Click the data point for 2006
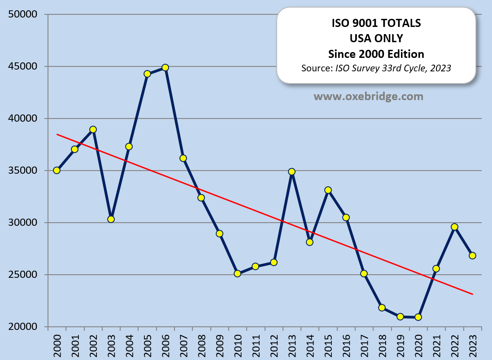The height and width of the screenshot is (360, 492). pyautogui.click(x=165, y=67)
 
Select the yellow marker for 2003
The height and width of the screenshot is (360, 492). pyautogui.click(x=111, y=219)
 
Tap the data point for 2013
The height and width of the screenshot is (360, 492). pyautogui.click(x=292, y=171)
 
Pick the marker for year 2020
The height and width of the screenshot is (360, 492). pyautogui.click(x=418, y=317)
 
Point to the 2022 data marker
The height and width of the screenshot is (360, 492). pyautogui.click(x=454, y=227)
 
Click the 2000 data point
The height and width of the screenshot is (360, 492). pyautogui.click(x=57, y=170)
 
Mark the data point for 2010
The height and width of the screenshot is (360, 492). pyautogui.click(x=237, y=273)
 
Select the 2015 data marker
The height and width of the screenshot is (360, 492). pyautogui.click(x=328, y=190)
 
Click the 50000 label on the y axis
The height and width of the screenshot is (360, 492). pyautogui.click(x=23, y=15)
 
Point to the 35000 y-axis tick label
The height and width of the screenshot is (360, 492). pyautogui.click(x=23, y=171)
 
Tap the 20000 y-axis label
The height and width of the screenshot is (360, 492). pyautogui.click(x=23, y=327)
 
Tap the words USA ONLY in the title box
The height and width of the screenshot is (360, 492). pyautogui.click(x=376, y=39)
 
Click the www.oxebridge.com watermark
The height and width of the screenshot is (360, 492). pyautogui.click(x=368, y=96)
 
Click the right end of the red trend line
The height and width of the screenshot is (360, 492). pyautogui.click(x=473, y=294)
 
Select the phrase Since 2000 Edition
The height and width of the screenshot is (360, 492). pyautogui.click(x=376, y=54)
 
